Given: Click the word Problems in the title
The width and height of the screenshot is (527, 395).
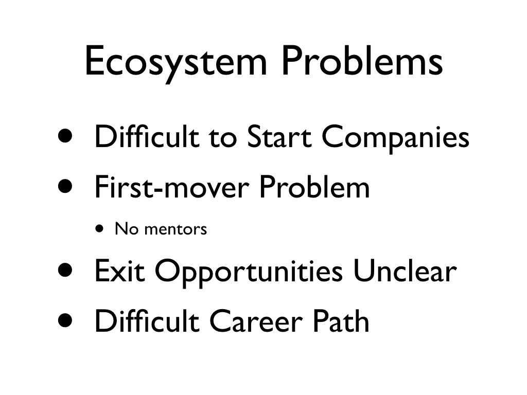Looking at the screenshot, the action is click(x=362, y=60).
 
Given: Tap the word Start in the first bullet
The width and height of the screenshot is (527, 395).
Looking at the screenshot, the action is click(x=278, y=136).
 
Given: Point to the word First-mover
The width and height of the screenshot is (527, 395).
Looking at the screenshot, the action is click(x=172, y=187).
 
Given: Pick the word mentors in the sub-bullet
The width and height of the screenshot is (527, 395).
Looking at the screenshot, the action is click(x=175, y=229).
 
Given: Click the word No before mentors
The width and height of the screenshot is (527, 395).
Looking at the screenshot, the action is click(x=127, y=228).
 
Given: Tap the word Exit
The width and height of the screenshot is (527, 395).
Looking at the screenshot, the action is click(x=119, y=271).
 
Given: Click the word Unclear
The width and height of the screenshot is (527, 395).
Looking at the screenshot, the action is click(x=405, y=270).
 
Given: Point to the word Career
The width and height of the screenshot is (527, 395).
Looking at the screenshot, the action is click(x=256, y=321).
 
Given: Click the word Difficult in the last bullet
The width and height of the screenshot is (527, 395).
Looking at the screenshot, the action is click(x=147, y=320).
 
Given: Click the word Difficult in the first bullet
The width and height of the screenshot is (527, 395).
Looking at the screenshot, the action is click(x=147, y=136).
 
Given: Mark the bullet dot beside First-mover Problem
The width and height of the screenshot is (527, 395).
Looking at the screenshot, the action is click(x=65, y=186).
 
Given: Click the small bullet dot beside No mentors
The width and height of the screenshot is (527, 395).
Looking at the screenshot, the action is click(x=99, y=229).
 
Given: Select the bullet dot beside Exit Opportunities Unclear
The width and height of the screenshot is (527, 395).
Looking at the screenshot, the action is click(x=65, y=270).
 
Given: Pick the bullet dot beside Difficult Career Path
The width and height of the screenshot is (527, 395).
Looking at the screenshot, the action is click(x=65, y=320).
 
